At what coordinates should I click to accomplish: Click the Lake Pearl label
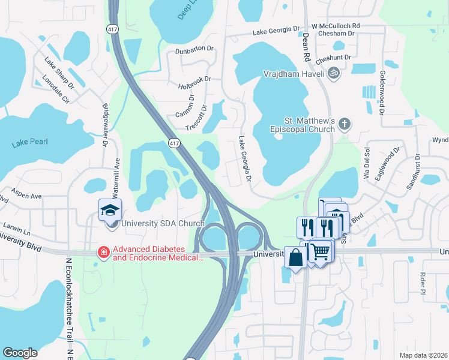[29, 143]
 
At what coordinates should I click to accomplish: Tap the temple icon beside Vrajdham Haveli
[334, 74]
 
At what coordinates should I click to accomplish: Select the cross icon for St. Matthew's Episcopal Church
[345, 124]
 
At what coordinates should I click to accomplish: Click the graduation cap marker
[111, 209]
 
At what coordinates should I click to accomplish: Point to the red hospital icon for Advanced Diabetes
[104, 253]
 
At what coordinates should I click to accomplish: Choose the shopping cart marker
[321, 251]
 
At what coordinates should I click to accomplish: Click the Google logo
[20, 352]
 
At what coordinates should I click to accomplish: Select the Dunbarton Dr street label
[194, 49]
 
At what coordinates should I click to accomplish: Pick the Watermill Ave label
[118, 172]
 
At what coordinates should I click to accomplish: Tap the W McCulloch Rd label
[335, 26]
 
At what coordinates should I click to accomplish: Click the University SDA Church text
[163, 224]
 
